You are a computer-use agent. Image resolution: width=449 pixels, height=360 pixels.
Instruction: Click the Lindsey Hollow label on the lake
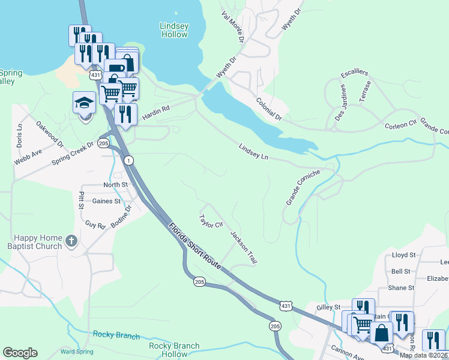click(174, 30)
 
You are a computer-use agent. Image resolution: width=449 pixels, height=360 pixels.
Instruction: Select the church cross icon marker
click(71, 241)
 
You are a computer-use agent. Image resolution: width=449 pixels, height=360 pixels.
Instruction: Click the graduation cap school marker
click(84, 104)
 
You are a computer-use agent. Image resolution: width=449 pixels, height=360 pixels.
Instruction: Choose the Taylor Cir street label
click(211, 221)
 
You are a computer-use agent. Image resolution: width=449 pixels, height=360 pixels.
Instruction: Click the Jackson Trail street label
click(244, 248)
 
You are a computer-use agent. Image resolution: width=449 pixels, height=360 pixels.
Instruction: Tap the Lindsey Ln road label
click(253, 151)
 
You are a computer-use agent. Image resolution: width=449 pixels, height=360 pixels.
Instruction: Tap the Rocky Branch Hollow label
click(174, 350)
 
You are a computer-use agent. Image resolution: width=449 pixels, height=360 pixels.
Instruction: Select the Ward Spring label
click(76, 352)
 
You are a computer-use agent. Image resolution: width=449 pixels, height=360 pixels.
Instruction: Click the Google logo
click(20, 353)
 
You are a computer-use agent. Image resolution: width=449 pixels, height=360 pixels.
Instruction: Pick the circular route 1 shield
click(128, 160)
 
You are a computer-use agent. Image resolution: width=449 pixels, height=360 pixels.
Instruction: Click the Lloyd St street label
click(403, 255)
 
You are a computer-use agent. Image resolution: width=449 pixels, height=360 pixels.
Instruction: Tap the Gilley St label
click(328, 307)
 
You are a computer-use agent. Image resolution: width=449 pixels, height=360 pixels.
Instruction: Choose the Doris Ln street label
click(19, 136)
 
